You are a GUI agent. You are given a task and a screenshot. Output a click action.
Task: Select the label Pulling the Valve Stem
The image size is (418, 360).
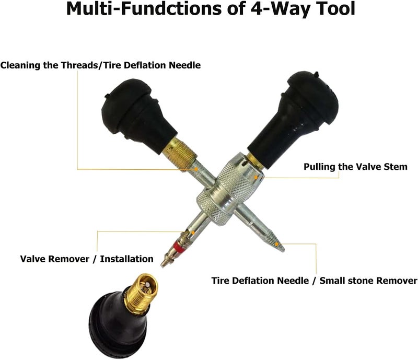click(x=355, y=167)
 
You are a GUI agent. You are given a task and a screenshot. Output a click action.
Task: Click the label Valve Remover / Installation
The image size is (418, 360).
click(x=87, y=259)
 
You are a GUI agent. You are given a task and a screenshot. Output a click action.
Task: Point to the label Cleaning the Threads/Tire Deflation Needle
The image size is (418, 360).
click(x=100, y=65)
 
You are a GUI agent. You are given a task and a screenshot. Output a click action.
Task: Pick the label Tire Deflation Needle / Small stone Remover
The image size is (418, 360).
click(x=314, y=281)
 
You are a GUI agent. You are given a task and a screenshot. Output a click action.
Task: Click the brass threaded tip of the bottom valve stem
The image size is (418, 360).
click(x=142, y=293)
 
